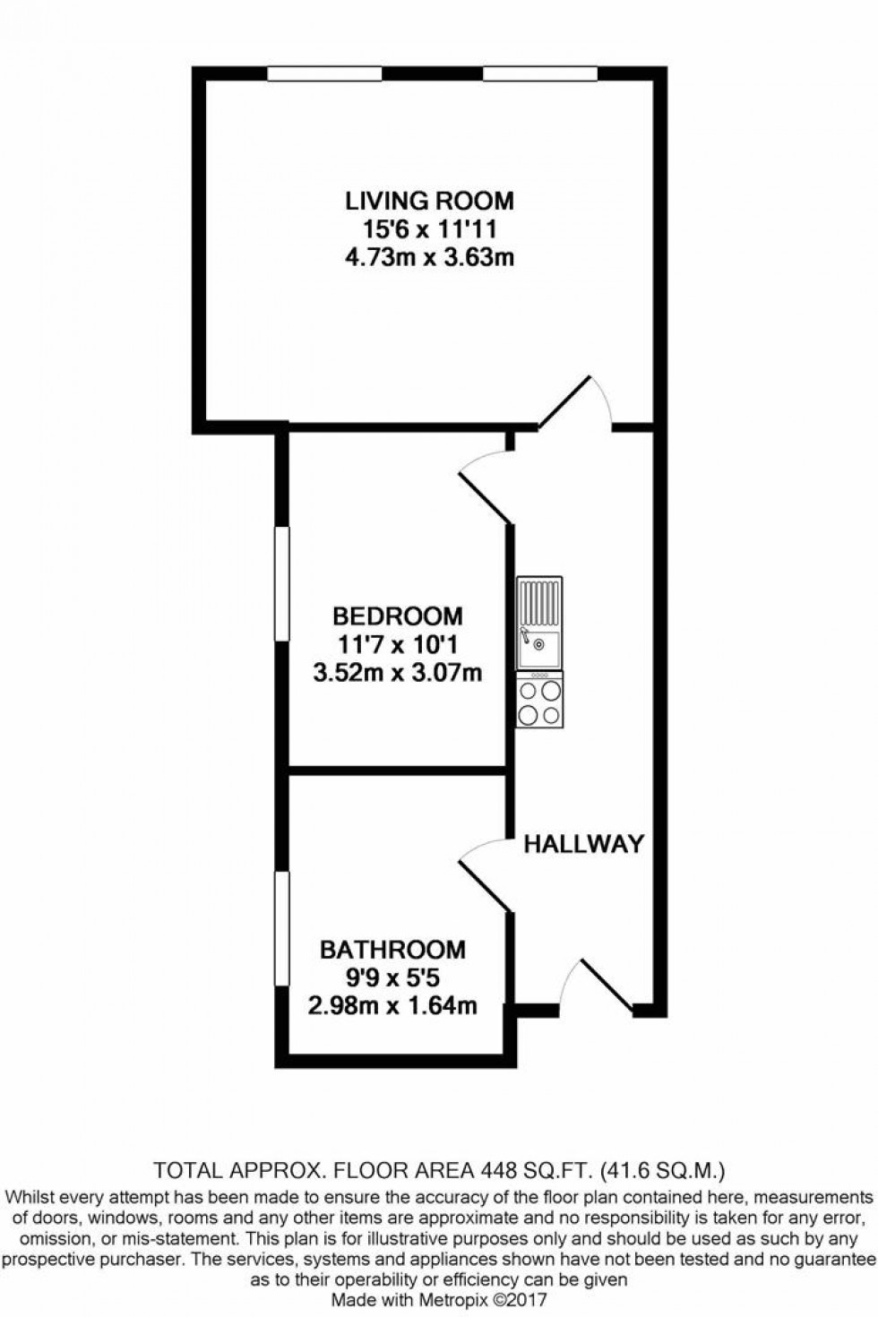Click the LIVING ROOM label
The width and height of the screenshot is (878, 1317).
click(430, 200)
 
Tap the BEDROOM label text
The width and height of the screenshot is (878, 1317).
click(398, 616)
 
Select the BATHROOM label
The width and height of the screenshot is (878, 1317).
click(392, 949)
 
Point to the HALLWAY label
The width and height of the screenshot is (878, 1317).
click(583, 844)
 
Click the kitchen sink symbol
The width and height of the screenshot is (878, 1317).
click(539, 623)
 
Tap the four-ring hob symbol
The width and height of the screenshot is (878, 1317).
click(539, 701)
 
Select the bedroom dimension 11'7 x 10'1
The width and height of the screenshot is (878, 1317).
click(398, 644)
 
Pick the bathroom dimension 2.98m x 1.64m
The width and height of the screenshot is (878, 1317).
click(392, 1005)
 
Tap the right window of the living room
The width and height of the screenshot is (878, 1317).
click(539, 74)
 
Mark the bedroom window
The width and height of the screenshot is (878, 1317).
click(282, 584)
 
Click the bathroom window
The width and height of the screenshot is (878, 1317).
click(282, 929)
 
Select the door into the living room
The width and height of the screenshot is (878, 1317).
click(575, 403)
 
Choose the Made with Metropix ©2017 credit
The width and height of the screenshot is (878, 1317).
click(439, 1299)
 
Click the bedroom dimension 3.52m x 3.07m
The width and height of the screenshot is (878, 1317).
click(398, 672)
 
